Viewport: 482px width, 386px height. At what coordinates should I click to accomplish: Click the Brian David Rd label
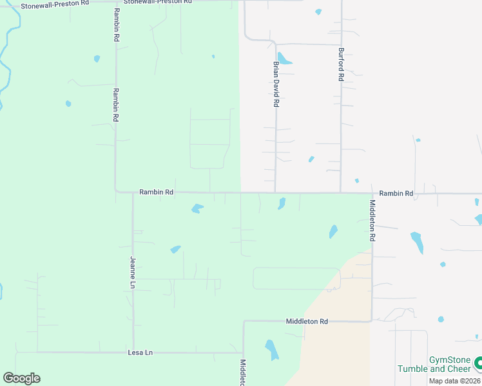(x=276, y=84)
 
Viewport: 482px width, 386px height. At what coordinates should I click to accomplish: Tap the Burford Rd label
(x=341, y=64)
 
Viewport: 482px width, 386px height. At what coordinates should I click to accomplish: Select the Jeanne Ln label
(x=133, y=271)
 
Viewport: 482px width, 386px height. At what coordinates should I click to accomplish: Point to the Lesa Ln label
(x=140, y=352)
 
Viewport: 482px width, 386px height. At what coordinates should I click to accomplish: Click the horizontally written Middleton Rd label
(x=307, y=321)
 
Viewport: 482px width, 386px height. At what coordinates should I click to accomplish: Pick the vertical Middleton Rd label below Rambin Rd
(x=372, y=219)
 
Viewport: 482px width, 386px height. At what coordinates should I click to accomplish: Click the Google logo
(x=21, y=378)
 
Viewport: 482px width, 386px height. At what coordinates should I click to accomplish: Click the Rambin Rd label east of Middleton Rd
(x=396, y=193)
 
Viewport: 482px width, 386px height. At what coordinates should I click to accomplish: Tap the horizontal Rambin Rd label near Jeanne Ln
(x=157, y=192)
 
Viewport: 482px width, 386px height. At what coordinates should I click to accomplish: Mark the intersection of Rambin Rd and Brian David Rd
(x=276, y=192)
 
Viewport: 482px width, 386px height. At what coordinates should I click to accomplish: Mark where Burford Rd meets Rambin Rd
(x=341, y=192)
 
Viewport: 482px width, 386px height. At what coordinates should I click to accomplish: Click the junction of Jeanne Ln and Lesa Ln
(x=133, y=352)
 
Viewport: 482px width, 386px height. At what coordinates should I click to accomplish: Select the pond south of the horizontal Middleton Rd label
(x=272, y=349)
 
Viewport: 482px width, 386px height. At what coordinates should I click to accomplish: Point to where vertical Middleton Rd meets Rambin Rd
(x=372, y=192)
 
